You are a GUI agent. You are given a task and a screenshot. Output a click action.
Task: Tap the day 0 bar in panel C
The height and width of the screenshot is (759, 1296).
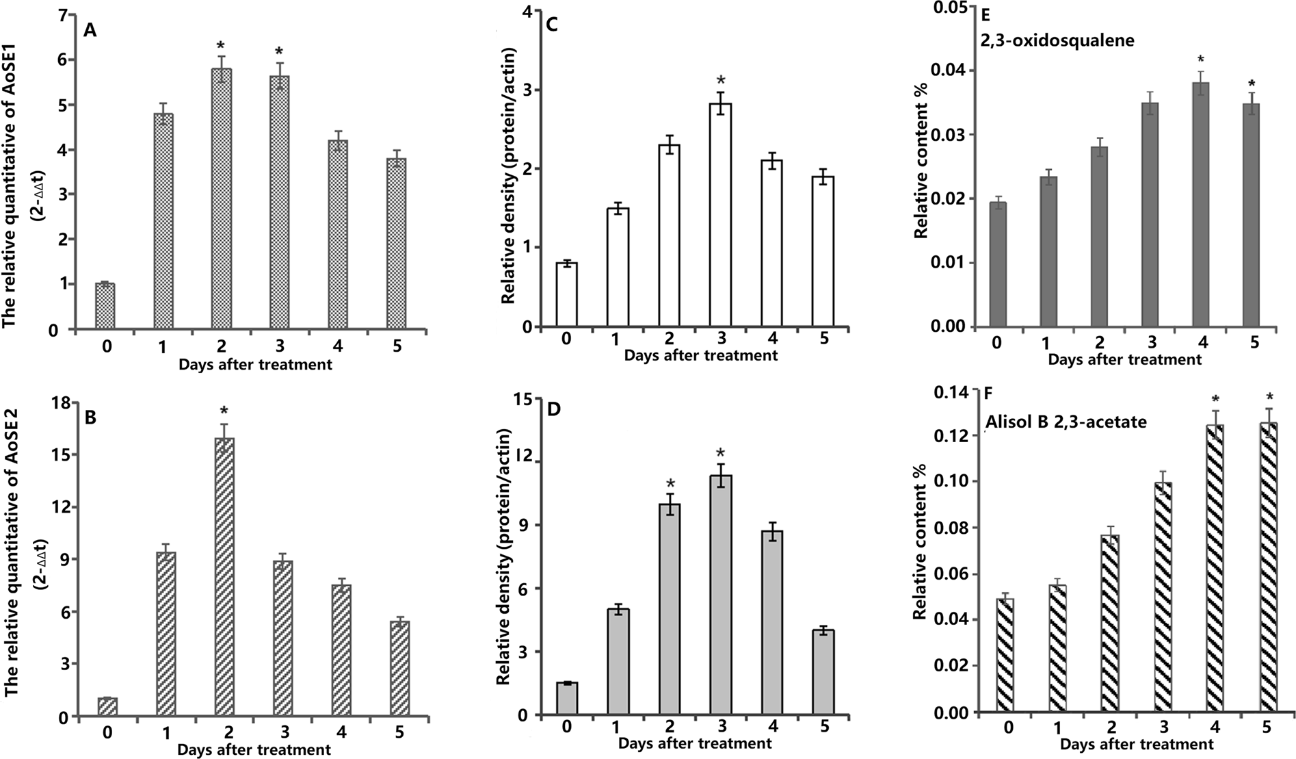pos(566,294)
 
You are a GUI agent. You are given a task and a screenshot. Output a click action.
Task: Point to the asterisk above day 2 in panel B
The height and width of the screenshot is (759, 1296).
pos(224,412)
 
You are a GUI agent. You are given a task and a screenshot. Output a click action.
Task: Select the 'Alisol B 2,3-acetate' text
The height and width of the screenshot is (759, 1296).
pos(1066,422)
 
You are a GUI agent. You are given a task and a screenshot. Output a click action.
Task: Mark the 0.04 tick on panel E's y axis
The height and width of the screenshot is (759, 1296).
pos(953,71)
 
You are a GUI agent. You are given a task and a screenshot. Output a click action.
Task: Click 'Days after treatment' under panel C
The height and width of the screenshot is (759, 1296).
pos(700,355)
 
